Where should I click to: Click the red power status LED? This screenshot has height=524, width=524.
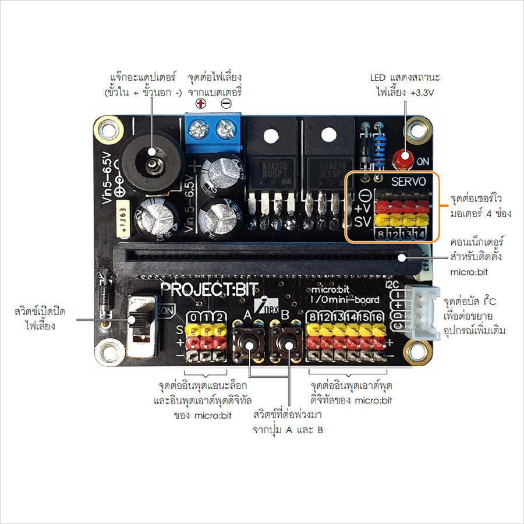(401, 157)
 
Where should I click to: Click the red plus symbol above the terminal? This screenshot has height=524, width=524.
(200, 104)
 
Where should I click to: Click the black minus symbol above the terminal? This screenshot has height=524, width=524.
(225, 104)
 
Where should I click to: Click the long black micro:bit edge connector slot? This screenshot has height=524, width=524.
(262, 257)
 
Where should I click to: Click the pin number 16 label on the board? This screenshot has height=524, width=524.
(376, 317)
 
